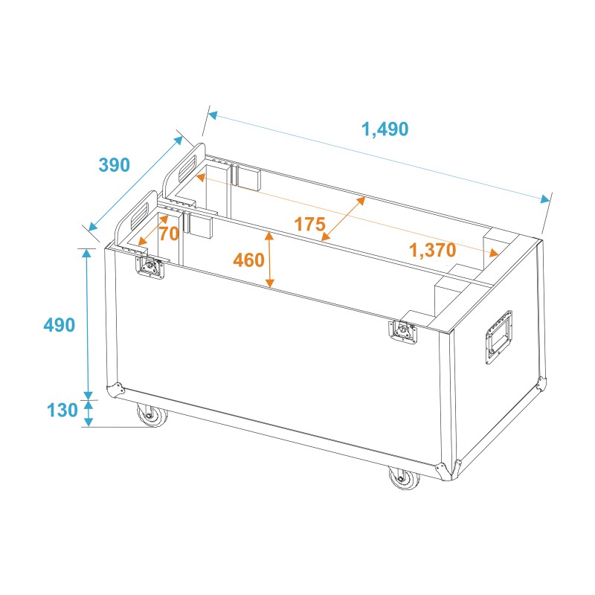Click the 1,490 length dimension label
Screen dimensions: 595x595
click(x=385, y=129)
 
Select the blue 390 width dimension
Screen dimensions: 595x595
click(x=114, y=165)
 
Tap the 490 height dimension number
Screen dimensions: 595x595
click(x=59, y=325)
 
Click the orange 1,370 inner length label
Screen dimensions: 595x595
click(x=432, y=251)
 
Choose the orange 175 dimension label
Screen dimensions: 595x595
click(x=309, y=223)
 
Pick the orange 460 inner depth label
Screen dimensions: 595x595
click(x=248, y=260)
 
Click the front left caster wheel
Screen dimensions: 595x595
click(x=151, y=416)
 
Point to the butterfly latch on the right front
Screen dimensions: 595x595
click(x=403, y=329)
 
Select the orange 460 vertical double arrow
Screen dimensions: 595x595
click(x=270, y=260)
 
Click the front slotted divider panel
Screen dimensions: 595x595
click(x=136, y=219)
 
